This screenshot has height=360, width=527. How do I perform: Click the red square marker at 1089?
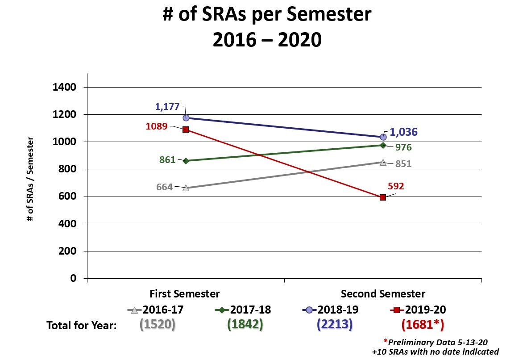(186, 130)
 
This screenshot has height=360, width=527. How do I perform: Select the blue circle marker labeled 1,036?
(383, 137)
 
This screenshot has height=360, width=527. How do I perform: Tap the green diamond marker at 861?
(186, 161)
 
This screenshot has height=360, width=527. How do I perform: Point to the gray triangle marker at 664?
(186, 188)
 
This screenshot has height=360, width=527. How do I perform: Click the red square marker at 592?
(383, 197)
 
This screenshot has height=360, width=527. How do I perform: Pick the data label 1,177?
(167, 107)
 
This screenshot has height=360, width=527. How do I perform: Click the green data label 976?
(403, 147)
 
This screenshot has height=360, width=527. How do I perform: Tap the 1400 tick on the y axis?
(65, 87)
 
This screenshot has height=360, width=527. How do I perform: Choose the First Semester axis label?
(185, 294)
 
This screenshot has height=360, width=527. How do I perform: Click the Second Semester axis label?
(383, 294)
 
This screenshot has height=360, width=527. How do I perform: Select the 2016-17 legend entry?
(156, 310)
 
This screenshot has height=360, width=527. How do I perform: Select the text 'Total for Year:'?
(82, 326)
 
